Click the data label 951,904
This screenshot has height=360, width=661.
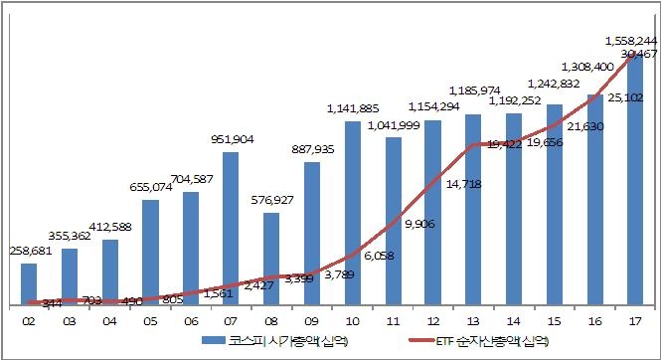click(230, 139)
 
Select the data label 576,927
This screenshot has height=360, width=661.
click(271, 200)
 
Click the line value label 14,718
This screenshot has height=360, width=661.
click(466, 185)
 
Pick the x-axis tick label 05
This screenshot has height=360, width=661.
click(150, 320)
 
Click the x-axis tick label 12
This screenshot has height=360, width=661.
click(432, 320)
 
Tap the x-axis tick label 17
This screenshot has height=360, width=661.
click(634, 320)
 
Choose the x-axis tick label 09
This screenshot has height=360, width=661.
click(311, 320)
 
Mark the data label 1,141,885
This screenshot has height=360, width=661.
click(353, 107)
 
